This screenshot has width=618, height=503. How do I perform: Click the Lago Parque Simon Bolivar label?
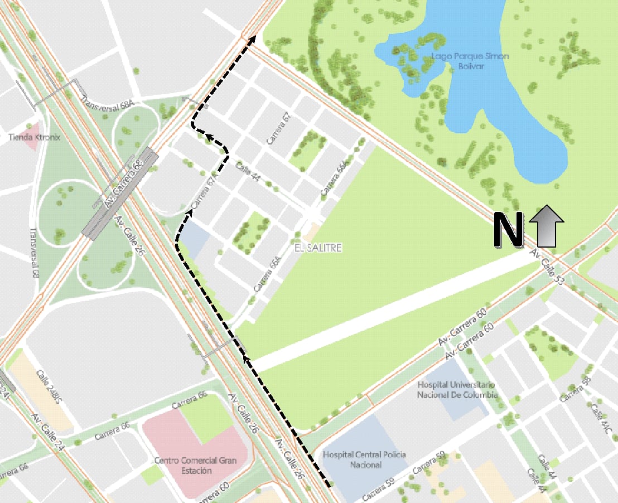click(470, 61)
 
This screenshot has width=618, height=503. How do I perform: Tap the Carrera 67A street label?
click(204, 192)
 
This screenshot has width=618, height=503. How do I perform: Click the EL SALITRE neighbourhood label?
click(317, 247)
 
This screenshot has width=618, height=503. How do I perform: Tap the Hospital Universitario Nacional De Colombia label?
click(457, 390)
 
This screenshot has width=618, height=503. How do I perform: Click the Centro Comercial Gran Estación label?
click(195, 465)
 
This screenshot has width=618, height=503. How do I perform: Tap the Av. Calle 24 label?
click(50, 432)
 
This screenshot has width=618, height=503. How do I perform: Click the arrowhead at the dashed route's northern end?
click(253, 38)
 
